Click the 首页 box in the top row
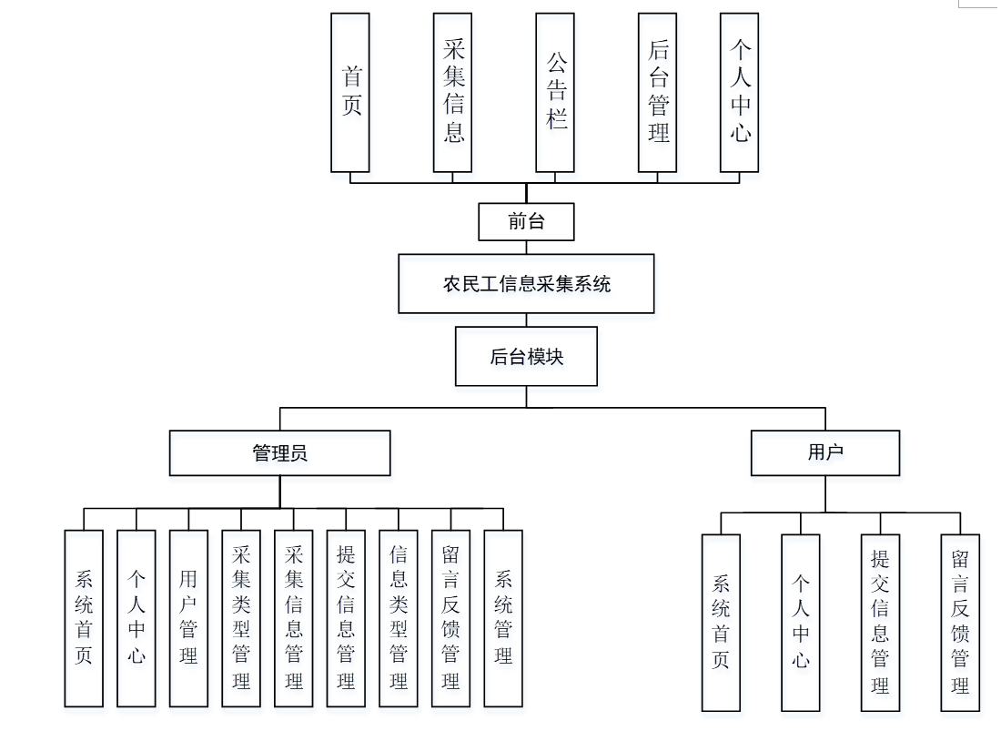point(350,92)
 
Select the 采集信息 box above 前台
point(452,92)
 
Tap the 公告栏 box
point(555,92)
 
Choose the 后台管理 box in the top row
point(657,92)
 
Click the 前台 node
point(526,220)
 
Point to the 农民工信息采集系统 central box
point(526,283)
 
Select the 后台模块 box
point(526,356)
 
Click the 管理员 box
point(279,452)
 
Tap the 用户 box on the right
point(825,452)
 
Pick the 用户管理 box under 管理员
point(188,618)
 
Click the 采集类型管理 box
point(241,618)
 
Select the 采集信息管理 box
point(293,618)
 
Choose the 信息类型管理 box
point(398,618)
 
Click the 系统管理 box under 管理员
point(503,618)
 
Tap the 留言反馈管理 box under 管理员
point(450,618)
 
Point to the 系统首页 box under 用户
point(721,622)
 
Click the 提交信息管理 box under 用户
point(880,622)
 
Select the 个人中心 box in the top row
point(739,92)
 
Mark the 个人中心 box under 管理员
point(136,618)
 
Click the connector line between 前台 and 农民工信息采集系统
point(526,246)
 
